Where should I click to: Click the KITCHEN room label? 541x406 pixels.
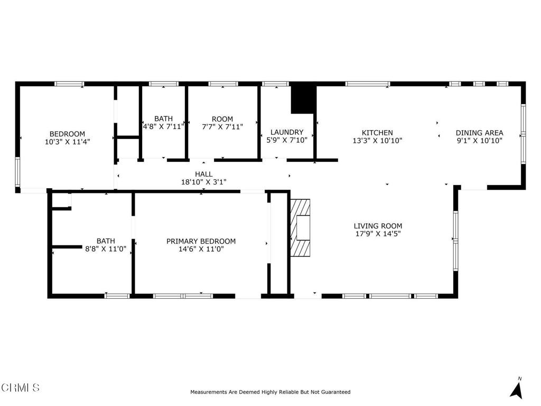[x=377, y=133]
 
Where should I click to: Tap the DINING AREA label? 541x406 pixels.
[x=479, y=133]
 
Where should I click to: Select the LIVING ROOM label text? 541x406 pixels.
[x=378, y=226]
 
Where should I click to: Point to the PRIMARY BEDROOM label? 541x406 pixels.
[x=201, y=241]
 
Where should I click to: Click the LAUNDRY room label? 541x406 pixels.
[x=287, y=132]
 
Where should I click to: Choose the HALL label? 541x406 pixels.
[x=203, y=174]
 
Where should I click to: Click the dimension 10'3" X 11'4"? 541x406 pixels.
[x=67, y=142]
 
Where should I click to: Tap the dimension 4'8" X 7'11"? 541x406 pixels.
[x=163, y=126]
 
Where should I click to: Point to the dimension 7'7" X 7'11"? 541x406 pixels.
[x=222, y=126]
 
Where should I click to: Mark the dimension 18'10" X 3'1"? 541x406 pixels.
[x=203, y=182]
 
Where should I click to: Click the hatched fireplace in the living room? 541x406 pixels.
[x=300, y=227]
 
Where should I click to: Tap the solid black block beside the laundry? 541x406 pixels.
[x=303, y=99]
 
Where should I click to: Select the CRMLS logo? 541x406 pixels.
[x=20, y=387]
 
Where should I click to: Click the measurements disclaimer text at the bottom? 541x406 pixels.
[x=270, y=392]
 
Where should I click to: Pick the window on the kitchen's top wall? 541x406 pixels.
[x=368, y=84]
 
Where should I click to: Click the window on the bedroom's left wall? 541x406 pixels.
[x=17, y=172]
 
